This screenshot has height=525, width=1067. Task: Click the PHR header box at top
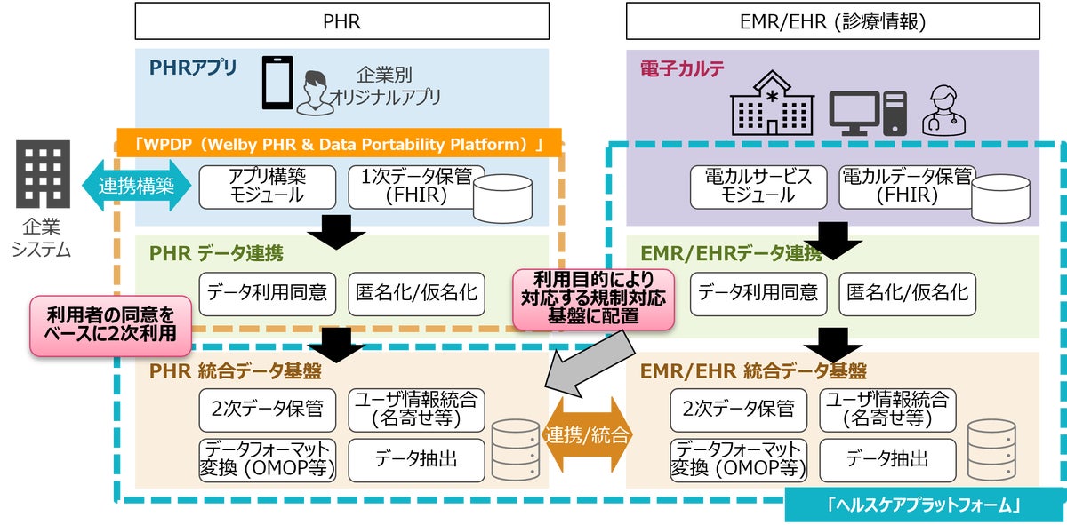(341, 20)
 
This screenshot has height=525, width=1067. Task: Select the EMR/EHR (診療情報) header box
(831, 20)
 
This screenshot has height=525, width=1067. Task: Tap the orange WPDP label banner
(339, 144)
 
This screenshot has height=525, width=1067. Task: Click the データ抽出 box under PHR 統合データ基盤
(416, 459)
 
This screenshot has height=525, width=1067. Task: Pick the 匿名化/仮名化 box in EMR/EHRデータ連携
(907, 292)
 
